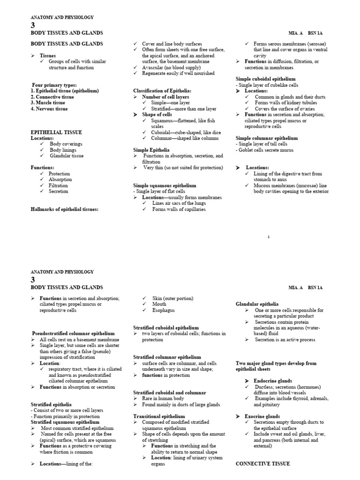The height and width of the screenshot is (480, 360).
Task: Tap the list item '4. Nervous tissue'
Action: [x=49, y=109]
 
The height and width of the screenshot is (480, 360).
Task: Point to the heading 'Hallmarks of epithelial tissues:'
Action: [x=65, y=209]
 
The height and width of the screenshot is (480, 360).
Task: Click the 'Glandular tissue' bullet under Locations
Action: [x=67, y=156]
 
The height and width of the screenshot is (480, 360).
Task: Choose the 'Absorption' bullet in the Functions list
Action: [x=60, y=179]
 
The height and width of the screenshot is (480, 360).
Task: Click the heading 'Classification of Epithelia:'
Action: [x=162, y=90]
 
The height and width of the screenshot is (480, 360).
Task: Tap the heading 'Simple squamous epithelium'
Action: [x=165, y=186]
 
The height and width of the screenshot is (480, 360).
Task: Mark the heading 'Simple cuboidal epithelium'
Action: [x=265, y=79]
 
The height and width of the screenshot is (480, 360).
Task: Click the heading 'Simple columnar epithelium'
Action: [x=266, y=138]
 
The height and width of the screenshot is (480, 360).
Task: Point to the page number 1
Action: [x=269, y=237]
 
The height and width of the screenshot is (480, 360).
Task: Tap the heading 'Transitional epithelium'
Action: [x=159, y=416]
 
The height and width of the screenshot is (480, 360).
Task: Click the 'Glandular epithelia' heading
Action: [x=257, y=304]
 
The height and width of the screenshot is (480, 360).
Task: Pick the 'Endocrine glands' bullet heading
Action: [x=272, y=381]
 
